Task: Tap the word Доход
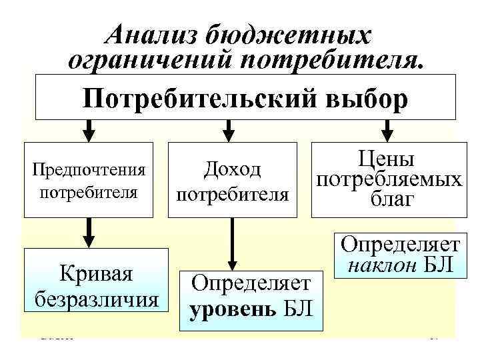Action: tap(233, 170)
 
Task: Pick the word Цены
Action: tap(388, 159)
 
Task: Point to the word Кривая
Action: tap(96, 274)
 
